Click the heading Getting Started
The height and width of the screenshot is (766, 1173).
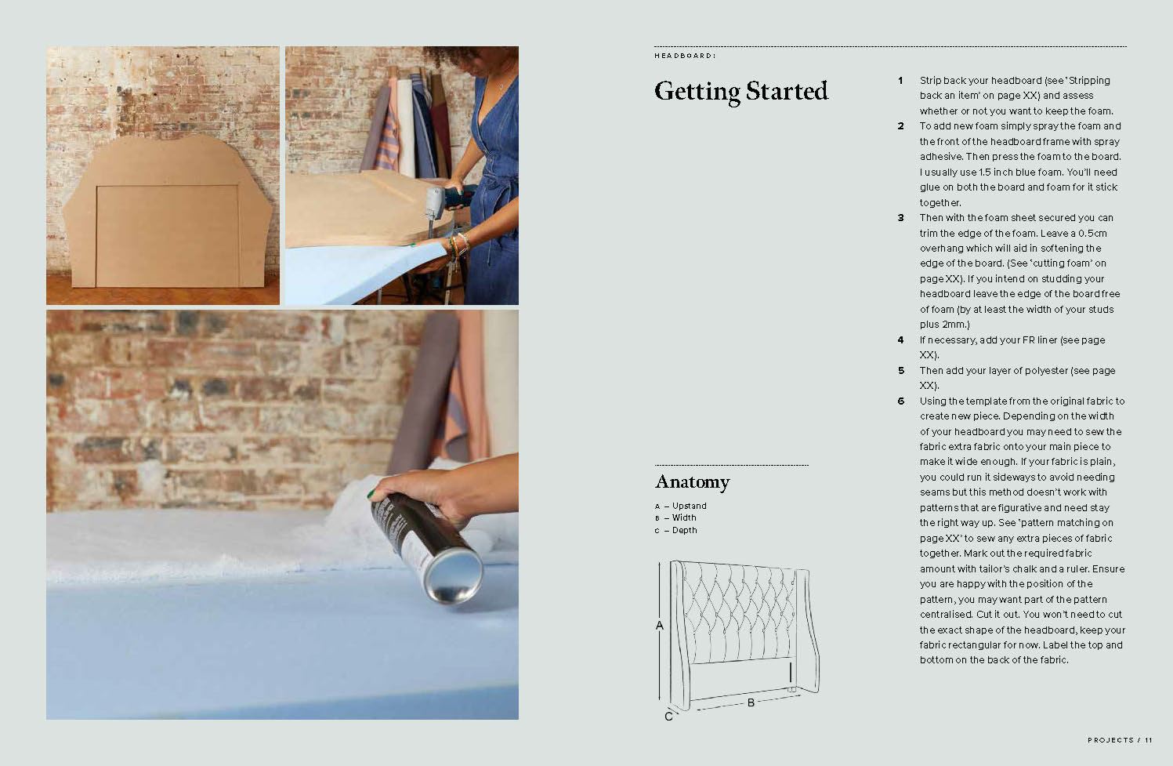coord(741,92)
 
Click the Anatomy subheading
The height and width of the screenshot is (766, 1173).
coord(692,482)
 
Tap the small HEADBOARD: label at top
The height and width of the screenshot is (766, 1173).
coord(685,56)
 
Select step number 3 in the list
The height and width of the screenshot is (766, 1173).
coord(900,217)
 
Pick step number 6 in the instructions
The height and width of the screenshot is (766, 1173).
coord(900,401)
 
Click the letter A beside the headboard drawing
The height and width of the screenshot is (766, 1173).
coord(660,626)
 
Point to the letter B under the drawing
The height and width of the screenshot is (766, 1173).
coord(751,702)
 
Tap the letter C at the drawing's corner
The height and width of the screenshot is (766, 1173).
coord(668,717)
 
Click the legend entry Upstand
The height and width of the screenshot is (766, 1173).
coord(689,506)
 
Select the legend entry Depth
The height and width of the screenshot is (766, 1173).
coord(684,530)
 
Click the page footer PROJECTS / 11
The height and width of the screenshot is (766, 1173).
coord(1120,740)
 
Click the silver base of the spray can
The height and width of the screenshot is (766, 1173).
coord(454,575)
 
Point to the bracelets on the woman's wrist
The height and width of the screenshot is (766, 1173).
coord(458,245)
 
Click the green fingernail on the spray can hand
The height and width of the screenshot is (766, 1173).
coord(371,494)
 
